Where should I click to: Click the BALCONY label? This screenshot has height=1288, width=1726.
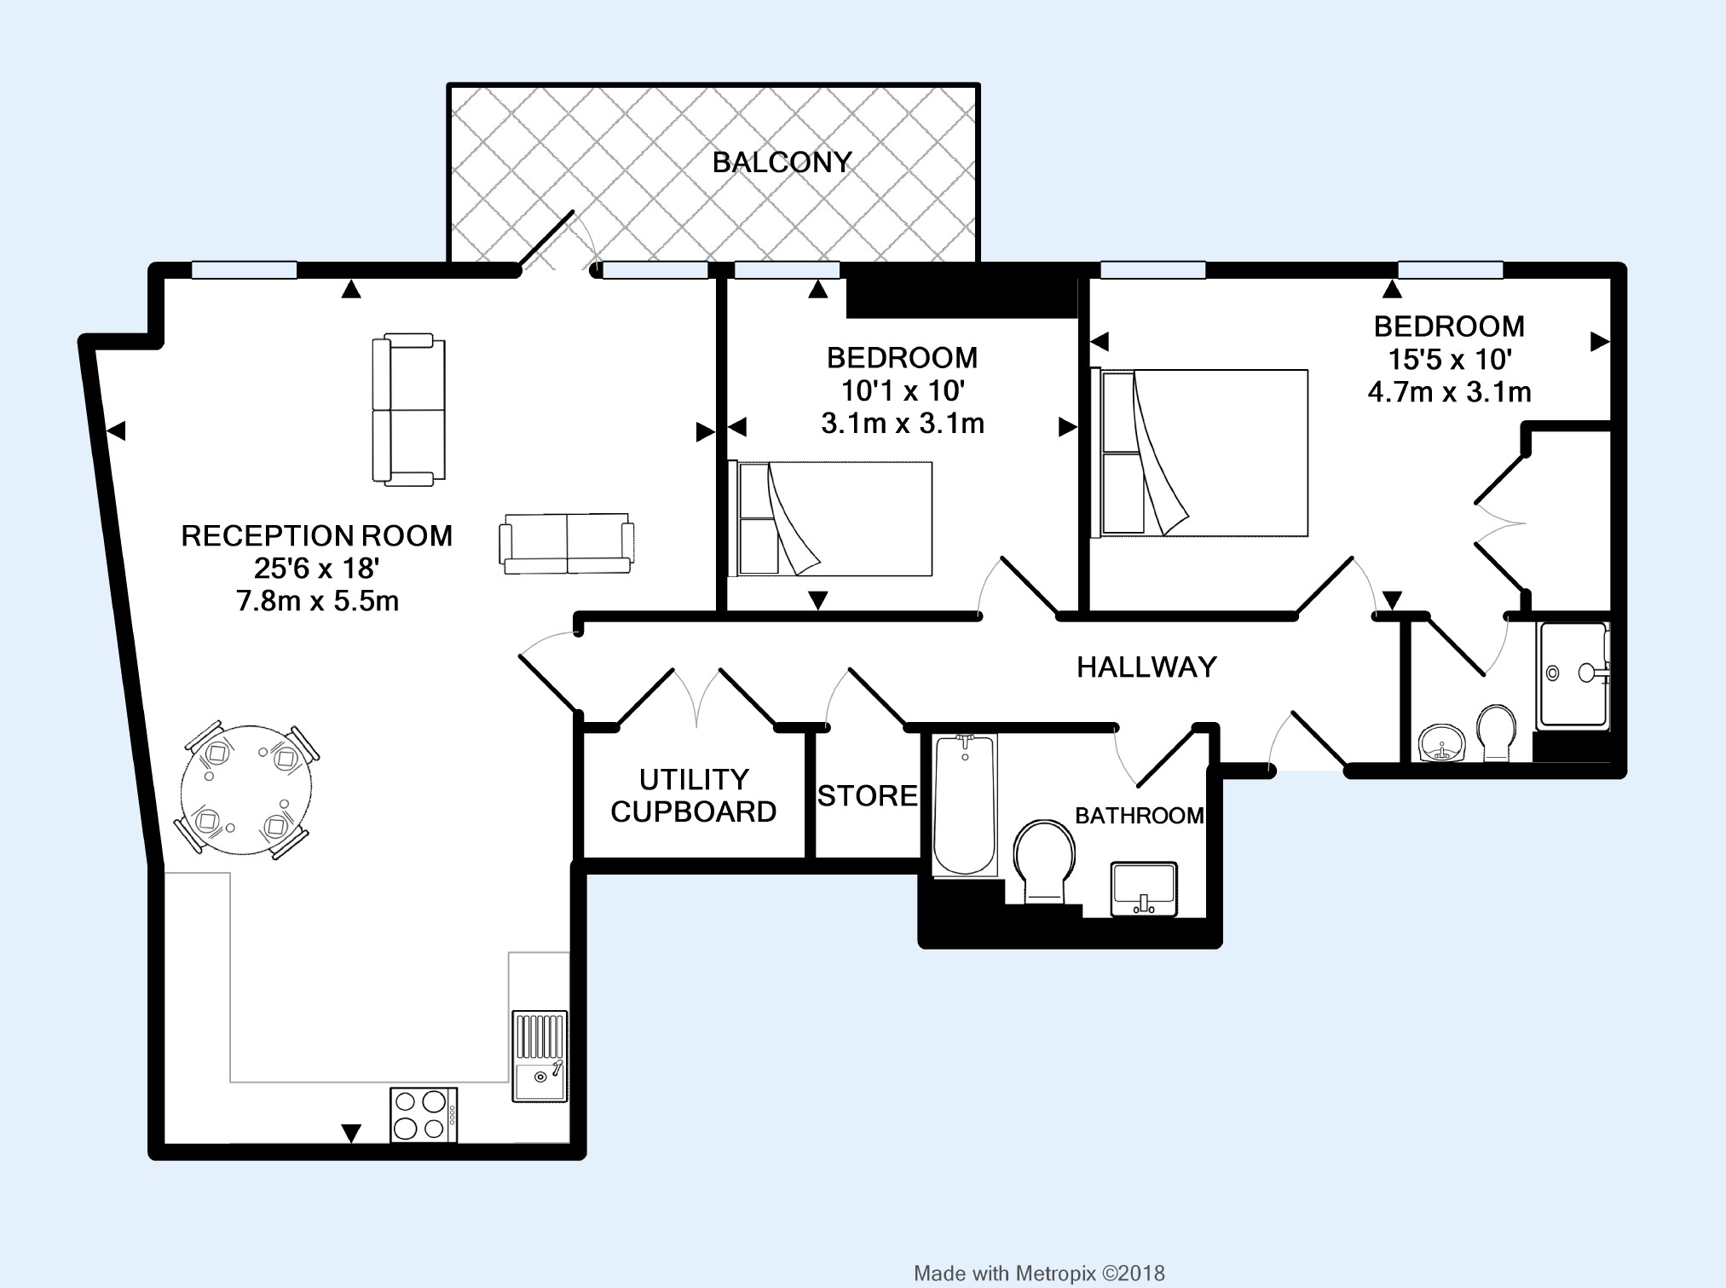782,162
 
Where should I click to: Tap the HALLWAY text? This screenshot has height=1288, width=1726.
1146,667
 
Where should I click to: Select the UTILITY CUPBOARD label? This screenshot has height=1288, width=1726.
694,795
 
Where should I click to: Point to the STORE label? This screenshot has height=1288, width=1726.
868,796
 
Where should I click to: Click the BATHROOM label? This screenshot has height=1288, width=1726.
1140,816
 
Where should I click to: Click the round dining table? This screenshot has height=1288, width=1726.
246,788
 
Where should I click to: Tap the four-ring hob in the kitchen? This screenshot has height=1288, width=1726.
424,1115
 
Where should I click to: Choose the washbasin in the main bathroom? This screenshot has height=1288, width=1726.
1144,889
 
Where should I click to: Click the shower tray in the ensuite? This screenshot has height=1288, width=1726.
1573,675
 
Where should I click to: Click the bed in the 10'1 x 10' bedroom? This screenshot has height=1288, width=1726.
830,518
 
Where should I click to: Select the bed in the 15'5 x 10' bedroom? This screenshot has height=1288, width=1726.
1200,453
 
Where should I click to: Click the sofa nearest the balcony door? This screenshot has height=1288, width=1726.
408,410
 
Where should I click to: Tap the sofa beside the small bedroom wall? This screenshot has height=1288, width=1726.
567,543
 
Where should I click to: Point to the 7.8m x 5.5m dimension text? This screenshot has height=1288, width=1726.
318,602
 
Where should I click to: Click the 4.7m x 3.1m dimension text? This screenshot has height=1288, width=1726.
1450,392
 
